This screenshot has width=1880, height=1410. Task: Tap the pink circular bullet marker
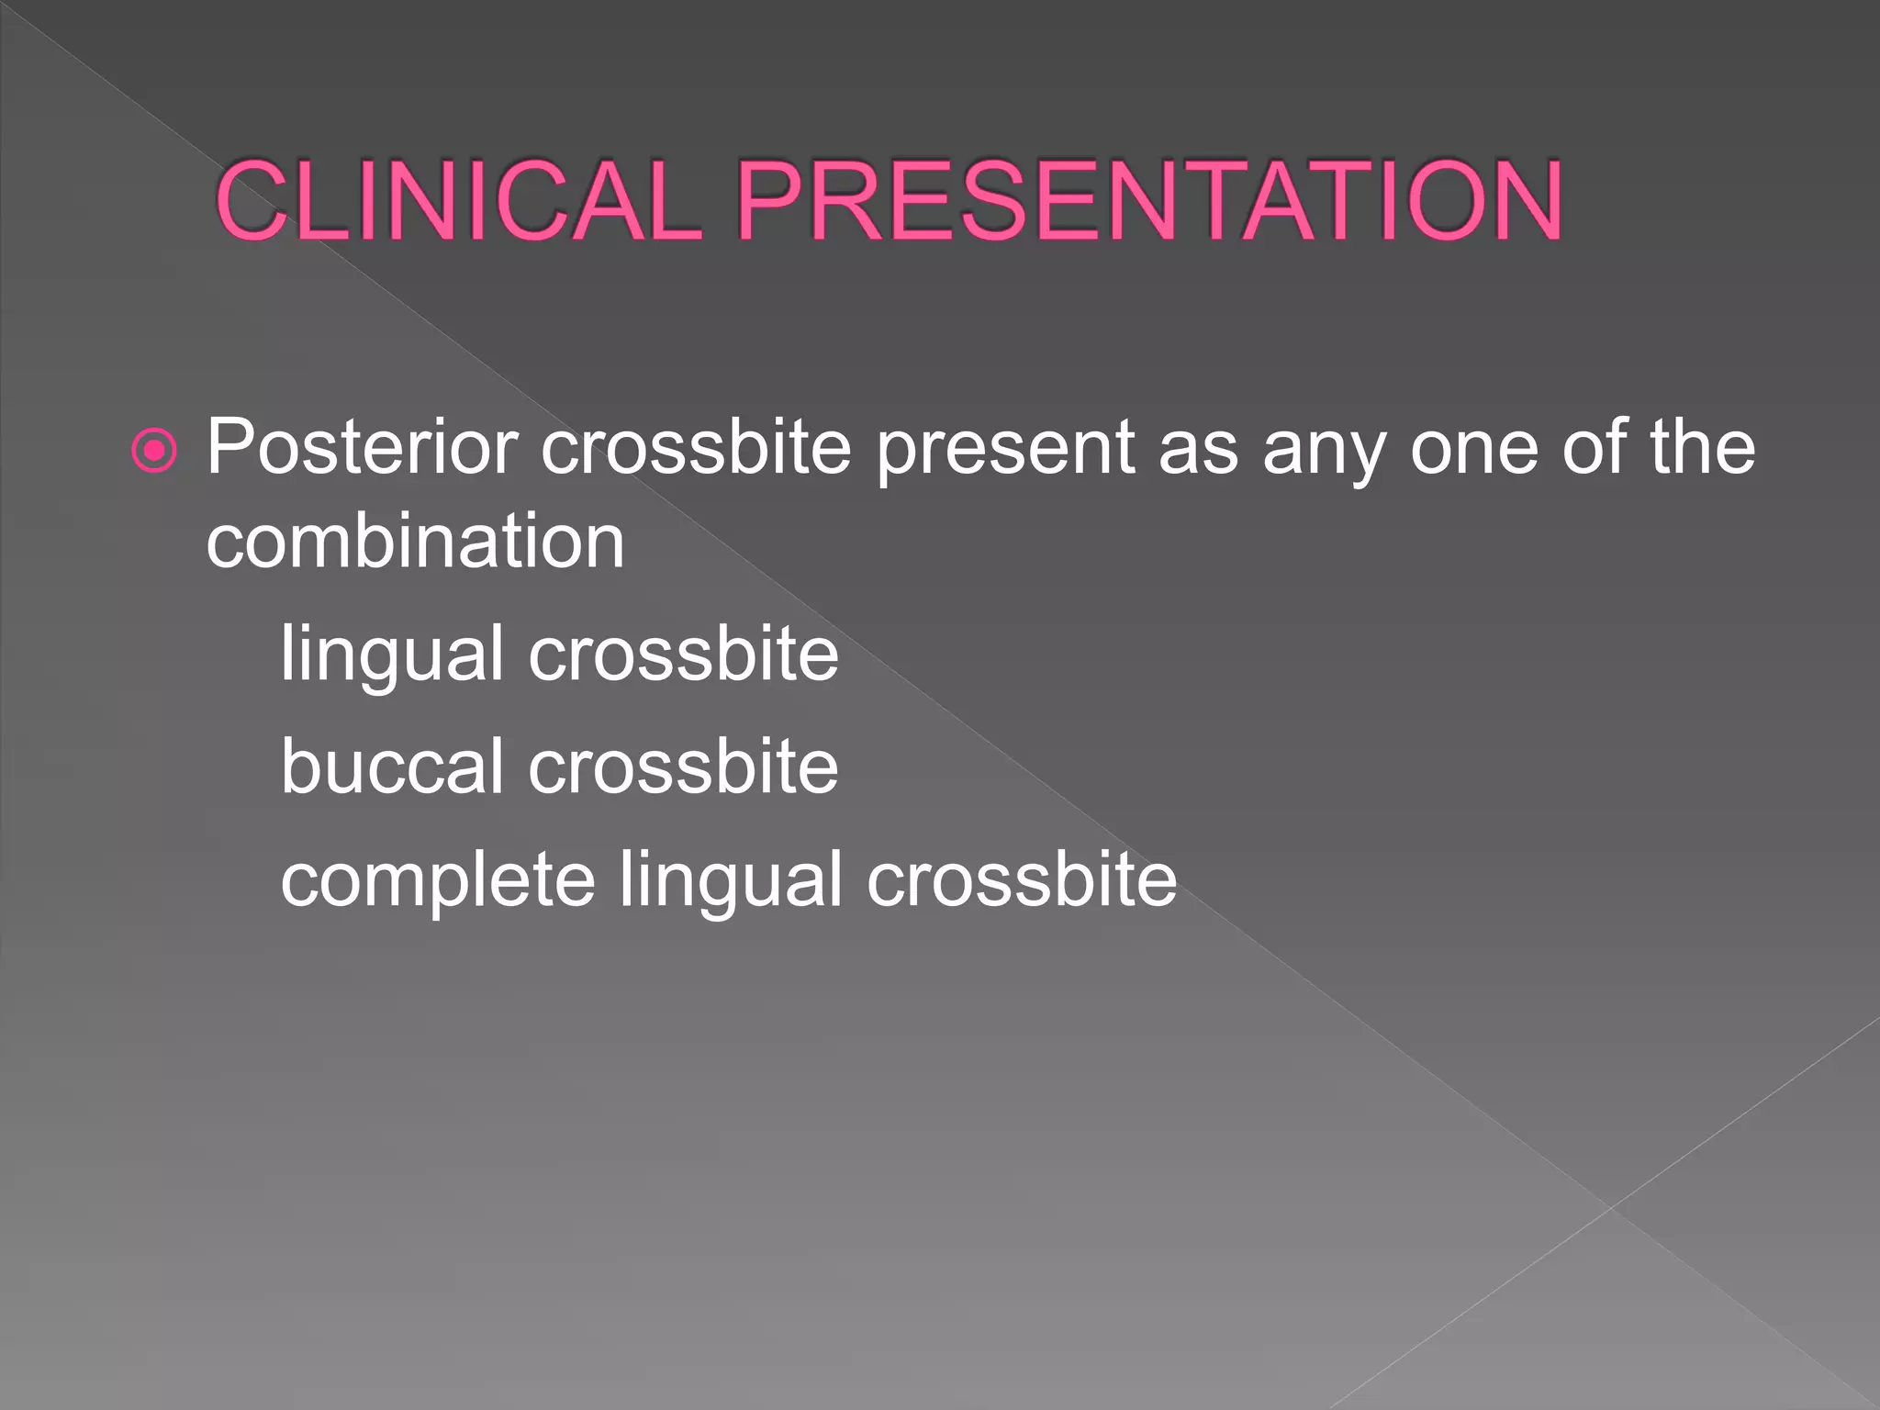(154, 451)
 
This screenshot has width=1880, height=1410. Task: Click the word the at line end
(1702, 447)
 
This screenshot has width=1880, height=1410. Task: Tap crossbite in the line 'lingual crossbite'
(683, 655)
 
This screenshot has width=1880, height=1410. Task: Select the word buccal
(392, 767)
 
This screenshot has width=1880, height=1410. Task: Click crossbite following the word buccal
(683, 767)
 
